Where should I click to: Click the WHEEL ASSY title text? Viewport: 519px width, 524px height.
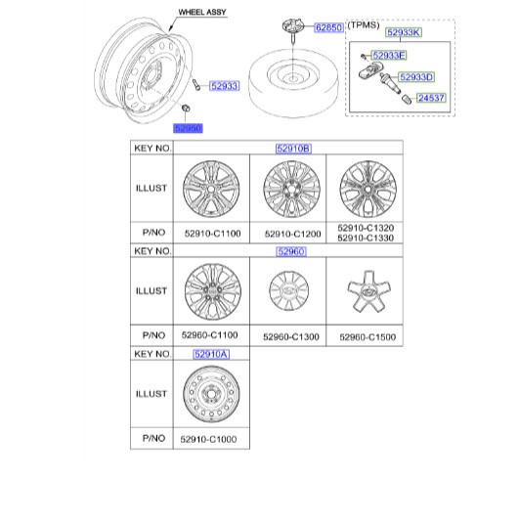pyautogui.click(x=202, y=12)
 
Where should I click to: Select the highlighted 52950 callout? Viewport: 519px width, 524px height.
pyautogui.click(x=188, y=128)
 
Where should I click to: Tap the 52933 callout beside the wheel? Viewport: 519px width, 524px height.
pyautogui.click(x=225, y=86)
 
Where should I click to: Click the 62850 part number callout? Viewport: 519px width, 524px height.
pyautogui.click(x=328, y=27)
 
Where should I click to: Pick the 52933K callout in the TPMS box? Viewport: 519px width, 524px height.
pyautogui.click(x=404, y=32)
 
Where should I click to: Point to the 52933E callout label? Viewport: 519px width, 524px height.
pyautogui.click(x=389, y=56)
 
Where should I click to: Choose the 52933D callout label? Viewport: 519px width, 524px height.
pyautogui.click(x=416, y=77)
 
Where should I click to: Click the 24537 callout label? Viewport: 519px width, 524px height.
pyautogui.click(x=431, y=98)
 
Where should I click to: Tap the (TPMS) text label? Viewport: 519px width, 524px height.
pyautogui.click(x=364, y=25)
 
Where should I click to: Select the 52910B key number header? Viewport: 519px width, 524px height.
pyautogui.click(x=293, y=149)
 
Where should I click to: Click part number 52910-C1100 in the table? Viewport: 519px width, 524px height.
pyautogui.click(x=212, y=234)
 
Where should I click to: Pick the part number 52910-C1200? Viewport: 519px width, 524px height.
pyautogui.click(x=293, y=234)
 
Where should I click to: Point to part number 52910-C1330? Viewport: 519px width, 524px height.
pyautogui.click(x=366, y=238)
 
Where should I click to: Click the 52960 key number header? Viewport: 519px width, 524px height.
pyautogui.click(x=291, y=251)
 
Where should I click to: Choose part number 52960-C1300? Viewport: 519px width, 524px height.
pyautogui.click(x=291, y=337)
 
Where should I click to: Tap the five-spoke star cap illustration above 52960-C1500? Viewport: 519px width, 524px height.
pyautogui.click(x=368, y=291)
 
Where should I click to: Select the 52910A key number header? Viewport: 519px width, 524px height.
pyautogui.click(x=211, y=354)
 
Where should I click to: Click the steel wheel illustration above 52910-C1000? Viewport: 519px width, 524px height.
pyautogui.click(x=211, y=394)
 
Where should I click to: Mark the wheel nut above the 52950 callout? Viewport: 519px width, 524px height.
pyautogui.click(x=186, y=108)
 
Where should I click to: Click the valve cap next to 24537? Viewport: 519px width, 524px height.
pyautogui.click(x=406, y=100)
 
